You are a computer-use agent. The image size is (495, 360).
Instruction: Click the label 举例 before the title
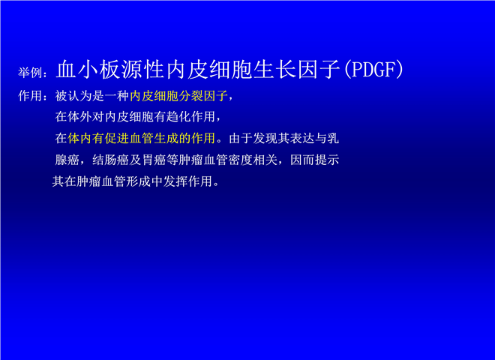tap(30, 72)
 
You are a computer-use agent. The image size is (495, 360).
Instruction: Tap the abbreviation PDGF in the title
tap(373, 70)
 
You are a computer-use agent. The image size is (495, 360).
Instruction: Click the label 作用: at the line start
tap(33, 96)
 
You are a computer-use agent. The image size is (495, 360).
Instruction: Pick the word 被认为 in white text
tap(73, 96)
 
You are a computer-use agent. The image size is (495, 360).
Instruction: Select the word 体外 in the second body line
tap(79, 116)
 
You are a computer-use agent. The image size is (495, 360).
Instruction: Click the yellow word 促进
tap(117, 138)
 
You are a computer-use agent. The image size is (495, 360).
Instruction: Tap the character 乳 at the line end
tap(333, 138)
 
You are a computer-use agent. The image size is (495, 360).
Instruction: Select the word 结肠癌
tap(111, 160)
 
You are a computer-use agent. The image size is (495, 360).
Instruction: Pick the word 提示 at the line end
tap(327, 160)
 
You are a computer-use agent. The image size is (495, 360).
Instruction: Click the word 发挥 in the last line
tap(175, 181)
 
